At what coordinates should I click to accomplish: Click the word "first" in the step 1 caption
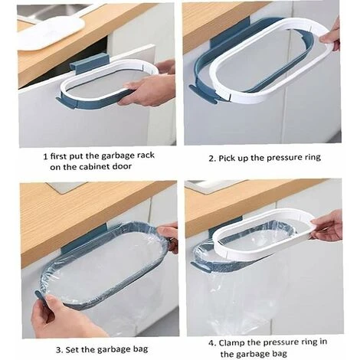click(x=57, y=156)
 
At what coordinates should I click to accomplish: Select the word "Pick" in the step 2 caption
click(x=226, y=158)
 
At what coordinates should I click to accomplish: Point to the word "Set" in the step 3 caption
click(x=72, y=349)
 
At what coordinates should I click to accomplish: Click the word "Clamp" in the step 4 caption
click(x=231, y=342)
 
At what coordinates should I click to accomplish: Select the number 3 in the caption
click(x=59, y=349)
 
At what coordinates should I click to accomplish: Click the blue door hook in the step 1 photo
click(x=90, y=64)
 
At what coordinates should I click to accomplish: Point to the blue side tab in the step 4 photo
click(x=201, y=267)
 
